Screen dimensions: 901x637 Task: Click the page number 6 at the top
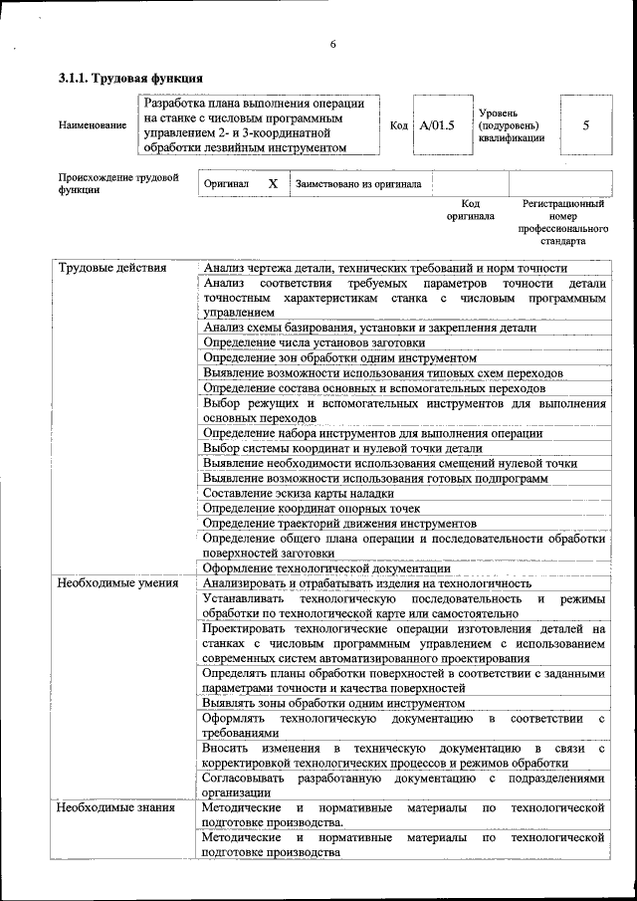(x=333, y=44)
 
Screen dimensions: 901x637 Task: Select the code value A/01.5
(x=435, y=125)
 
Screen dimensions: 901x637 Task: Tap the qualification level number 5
(x=585, y=125)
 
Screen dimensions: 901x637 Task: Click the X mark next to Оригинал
(x=273, y=184)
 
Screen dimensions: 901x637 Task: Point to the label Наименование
(x=93, y=125)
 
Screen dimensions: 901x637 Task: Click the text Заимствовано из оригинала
(x=357, y=184)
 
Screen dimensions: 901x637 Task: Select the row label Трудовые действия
(x=111, y=268)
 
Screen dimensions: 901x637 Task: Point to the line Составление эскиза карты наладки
(x=299, y=493)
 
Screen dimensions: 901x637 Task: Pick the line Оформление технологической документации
(x=326, y=568)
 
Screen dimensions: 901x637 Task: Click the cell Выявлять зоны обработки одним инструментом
(x=333, y=703)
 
